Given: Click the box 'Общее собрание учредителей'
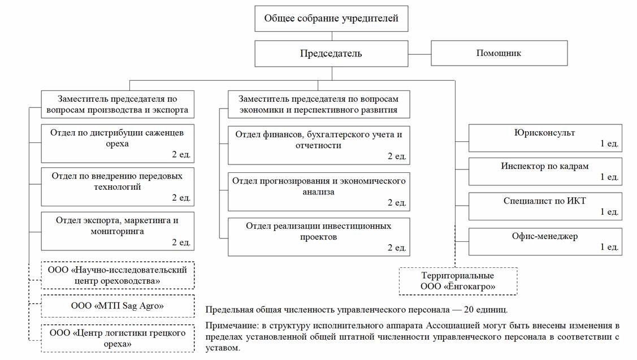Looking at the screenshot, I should (x=331, y=19).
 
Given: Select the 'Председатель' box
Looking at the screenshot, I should (x=331, y=54).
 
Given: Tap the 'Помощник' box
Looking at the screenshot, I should (x=499, y=53).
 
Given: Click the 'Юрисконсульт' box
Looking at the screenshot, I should (x=545, y=138).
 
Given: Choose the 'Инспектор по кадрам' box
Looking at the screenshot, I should (x=545, y=171).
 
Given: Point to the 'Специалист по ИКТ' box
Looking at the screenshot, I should (x=545, y=206).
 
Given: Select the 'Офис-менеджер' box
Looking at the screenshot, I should (x=545, y=241).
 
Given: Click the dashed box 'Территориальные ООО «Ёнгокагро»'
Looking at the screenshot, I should (x=458, y=281).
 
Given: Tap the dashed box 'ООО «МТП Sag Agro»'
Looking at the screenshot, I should (x=118, y=306).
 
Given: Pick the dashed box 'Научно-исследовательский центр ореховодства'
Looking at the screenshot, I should (x=118, y=275).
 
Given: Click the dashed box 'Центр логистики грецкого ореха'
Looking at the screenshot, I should (x=118, y=338).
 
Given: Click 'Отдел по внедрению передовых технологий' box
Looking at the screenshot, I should (x=118, y=186).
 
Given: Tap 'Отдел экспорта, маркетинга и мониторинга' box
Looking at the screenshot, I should (x=118, y=231).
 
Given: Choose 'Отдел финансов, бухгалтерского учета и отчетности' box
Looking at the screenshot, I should (x=319, y=145).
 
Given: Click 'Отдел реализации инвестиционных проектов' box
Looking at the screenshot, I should (x=319, y=236).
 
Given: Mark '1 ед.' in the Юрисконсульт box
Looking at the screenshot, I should (x=609, y=144).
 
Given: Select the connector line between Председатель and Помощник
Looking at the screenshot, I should (x=419, y=54).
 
